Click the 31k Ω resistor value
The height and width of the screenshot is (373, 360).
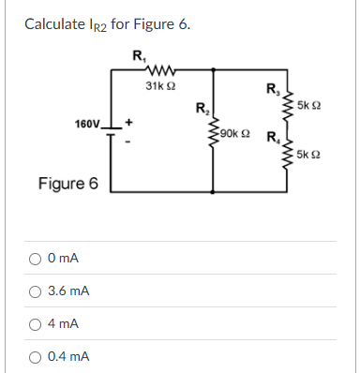tap(158, 85)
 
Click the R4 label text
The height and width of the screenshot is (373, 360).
tap(273, 142)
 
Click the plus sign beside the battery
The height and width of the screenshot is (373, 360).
tap(129, 120)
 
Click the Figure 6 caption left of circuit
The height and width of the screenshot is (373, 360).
tap(67, 183)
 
